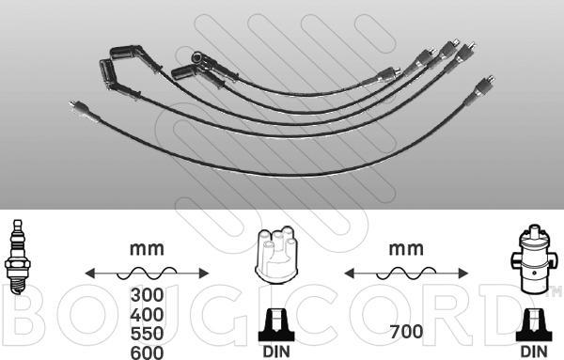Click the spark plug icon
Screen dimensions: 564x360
point(17,258)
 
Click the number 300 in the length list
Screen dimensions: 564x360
point(148,295)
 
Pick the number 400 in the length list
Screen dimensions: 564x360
point(148,315)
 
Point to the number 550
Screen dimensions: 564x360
point(148,334)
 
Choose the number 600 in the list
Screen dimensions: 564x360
point(148,352)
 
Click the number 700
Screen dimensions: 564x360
point(406,332)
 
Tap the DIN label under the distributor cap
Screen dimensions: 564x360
point(276,352)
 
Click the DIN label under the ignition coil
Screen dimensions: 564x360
point(534,352)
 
